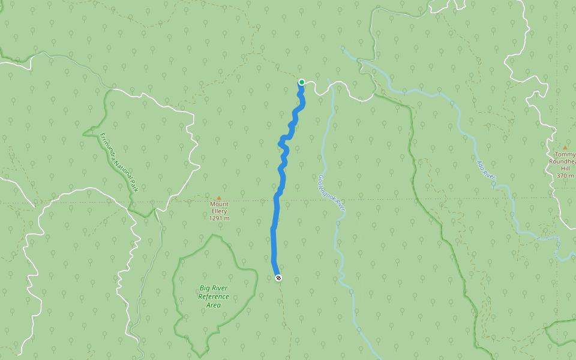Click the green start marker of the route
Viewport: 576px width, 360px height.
point(302,82)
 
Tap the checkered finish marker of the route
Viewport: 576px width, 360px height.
point(278,277)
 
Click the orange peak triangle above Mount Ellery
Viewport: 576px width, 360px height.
point(219,198)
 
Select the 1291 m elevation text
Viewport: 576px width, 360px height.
point(219,218)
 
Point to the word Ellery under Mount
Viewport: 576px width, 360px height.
point(219,211)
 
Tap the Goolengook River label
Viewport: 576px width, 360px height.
point(332,192)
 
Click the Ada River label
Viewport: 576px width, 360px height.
point(485,170)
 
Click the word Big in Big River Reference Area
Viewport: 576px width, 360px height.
point(205,288)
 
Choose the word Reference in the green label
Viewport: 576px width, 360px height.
point(214,297)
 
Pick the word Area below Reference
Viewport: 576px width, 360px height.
point(214,305)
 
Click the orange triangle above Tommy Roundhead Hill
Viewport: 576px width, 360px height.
point(565,148)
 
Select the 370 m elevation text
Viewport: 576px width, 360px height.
point(565,176)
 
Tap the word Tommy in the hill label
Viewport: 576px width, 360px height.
point(565,155)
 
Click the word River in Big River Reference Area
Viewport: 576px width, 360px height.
point(220,288)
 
